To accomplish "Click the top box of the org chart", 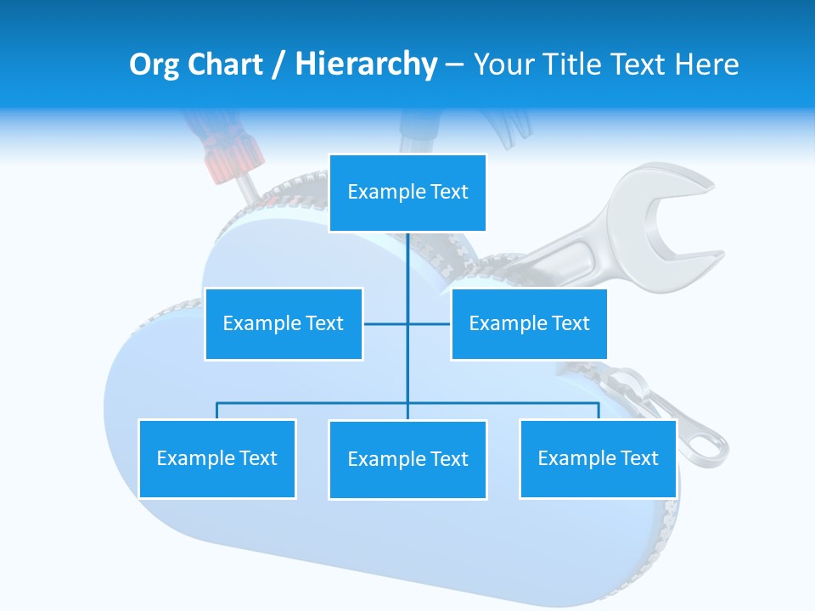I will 407,193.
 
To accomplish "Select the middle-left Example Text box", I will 284,323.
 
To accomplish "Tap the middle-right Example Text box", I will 529,323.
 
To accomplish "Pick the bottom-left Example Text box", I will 216,458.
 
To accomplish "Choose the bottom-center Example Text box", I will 407,459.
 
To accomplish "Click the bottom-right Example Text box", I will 598,458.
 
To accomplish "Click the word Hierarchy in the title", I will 366,64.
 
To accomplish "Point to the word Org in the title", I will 155,64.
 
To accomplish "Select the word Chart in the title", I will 228,64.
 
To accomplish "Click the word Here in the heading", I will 706,64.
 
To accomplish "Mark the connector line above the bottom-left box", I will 216,411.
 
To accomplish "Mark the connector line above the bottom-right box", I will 598,411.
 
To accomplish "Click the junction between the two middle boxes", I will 407,323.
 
